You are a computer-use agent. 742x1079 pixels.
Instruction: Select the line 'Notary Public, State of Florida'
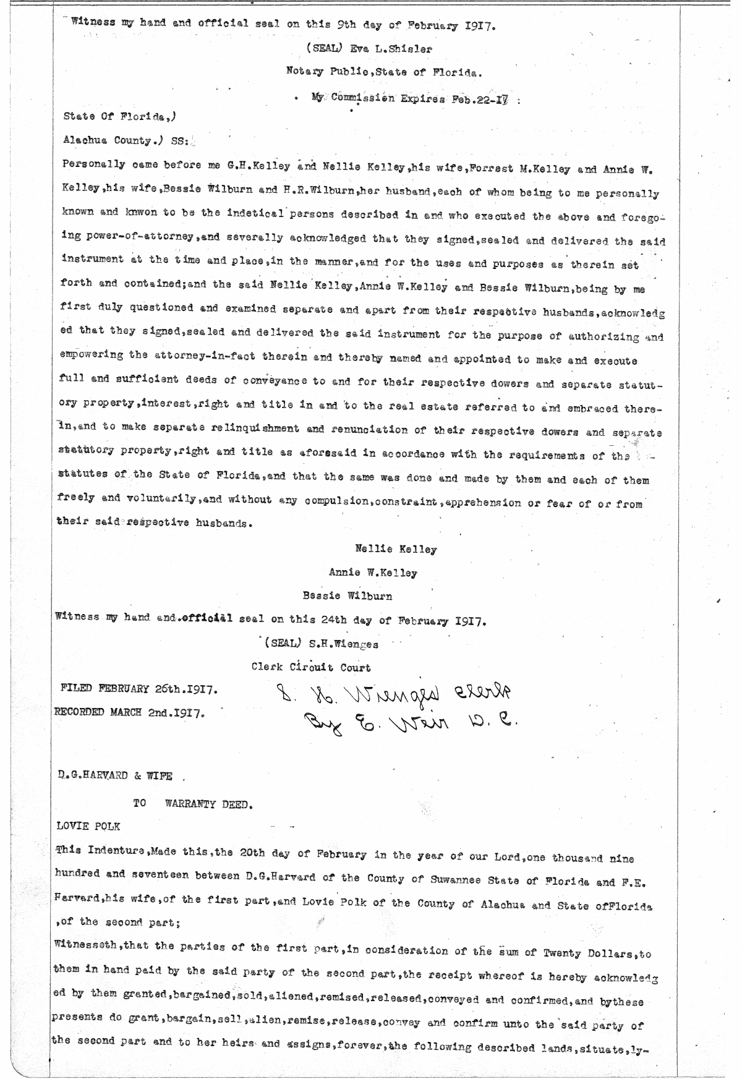click(x=383, y=72)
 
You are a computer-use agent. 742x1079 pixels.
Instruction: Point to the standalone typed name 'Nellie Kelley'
click(x=396, y=548)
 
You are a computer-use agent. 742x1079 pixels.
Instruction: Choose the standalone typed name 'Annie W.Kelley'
click(x=373, y=573)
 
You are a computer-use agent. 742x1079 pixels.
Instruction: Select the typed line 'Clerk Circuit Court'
click(x=311, y=667)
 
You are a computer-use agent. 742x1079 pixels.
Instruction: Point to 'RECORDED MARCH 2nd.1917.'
click(x=130, y=712)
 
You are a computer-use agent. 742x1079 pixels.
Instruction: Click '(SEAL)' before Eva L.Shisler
click(x=322, y=48)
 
